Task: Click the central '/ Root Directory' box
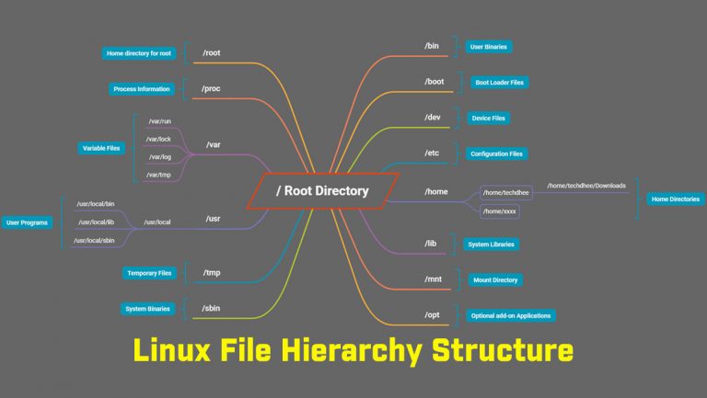coord(322,191)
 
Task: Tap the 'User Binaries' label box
coord(489,46)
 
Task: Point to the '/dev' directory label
coord(433,118)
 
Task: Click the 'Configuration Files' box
coord(496,154)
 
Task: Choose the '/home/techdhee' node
coord(505,192)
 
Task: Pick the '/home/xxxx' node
coord(500,211)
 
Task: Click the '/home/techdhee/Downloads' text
coord(585,186)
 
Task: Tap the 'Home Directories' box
coord(675,199)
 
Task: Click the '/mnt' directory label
coord(434,279)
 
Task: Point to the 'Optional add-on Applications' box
coord(511,315)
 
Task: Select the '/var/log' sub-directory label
coord(159,156)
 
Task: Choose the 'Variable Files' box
coord(102,147)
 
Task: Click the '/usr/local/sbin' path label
coord(96,241)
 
